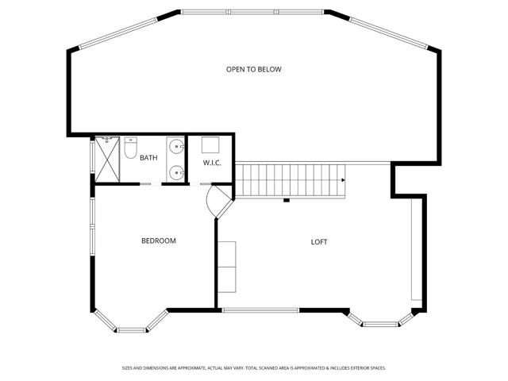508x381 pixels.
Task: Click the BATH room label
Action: [x=148, y=158]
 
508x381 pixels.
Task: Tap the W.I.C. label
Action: [x=211, y=163]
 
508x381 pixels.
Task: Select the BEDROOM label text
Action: [x=159, y=241]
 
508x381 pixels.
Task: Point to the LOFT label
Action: [x=319, y=242]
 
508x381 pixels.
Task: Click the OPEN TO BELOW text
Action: [x=254, y=69]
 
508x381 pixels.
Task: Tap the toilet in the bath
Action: [x=132, y=147]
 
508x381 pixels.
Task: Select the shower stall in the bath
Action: [x=107, y=160]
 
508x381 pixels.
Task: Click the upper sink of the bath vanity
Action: [x=175, y=146]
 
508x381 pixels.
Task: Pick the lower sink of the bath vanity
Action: [x=175, y=171]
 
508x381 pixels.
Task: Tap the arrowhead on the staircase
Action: [x=344, y=181]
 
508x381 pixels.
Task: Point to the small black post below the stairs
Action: [x=286, y=200]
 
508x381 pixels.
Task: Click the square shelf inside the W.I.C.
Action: [x=210, y=144]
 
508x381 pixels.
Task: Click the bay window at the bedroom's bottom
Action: [x=132, y=325]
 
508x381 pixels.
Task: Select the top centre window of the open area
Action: [x=254, y=12]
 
